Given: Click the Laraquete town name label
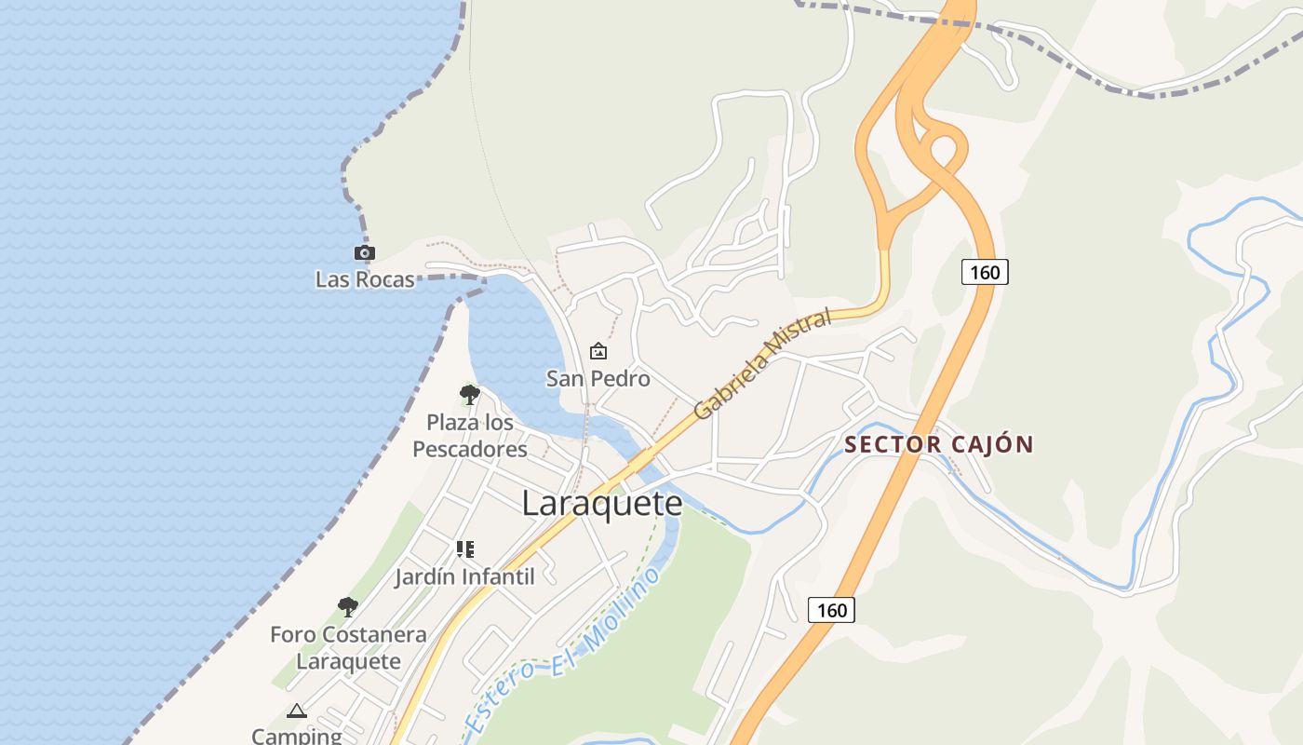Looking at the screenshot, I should (x=602, y=504).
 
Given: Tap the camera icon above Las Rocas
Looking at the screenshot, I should (x=365, y=252).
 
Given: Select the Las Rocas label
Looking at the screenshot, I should (x=365, y=279).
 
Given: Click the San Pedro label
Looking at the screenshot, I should (x=598, y=379).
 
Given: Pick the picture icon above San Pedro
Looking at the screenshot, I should (x=598, y=351).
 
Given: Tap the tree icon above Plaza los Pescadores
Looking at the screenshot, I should (x=470, y=395).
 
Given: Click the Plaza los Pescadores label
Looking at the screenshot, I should (x=470, y=436).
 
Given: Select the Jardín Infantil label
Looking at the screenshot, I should (x=464, y=576).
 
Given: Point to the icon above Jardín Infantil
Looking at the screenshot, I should (x=465, y=549).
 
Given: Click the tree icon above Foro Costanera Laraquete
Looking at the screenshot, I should (x=348, y=607).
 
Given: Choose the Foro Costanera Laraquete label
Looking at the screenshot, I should (x=348, y=648).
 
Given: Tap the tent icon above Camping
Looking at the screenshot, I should (x=297, y=711).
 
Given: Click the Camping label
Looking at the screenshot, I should (x=297, y=735).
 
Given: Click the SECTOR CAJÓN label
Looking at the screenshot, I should (x=939, y=444).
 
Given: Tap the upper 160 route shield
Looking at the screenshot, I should (x=985, y=272).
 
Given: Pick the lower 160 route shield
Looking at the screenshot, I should (x=831, y=610).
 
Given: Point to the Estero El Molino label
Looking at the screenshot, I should (x=564, y=649).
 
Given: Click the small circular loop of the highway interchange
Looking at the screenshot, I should (x=945, y=149).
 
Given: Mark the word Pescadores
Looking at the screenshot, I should (x=470, y=449).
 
